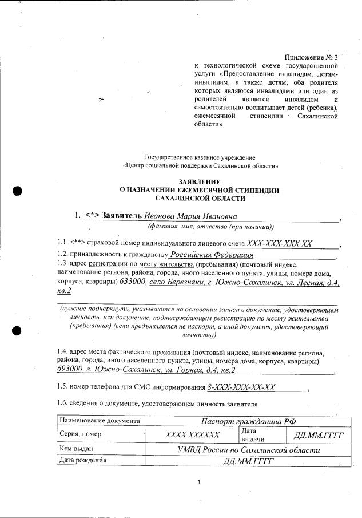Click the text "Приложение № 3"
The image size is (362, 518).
[x=311, y=58]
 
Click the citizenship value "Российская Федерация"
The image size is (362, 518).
[x=212, y=255]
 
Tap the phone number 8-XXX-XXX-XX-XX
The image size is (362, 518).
[x=242, y=387]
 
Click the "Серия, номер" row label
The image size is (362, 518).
[x=79, y=434]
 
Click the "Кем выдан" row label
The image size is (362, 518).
[x=75, y=449]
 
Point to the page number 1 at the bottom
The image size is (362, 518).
[x=199, y=483]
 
